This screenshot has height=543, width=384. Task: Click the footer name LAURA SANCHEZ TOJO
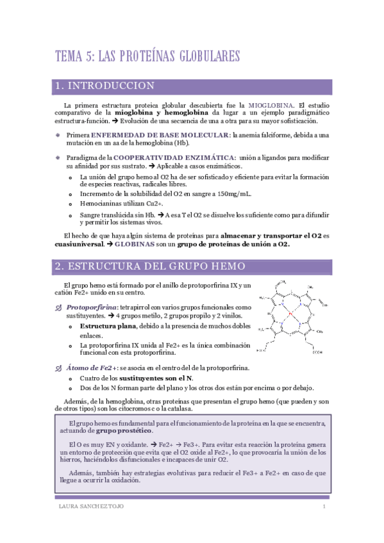pyautogui.click(x=90, y=507)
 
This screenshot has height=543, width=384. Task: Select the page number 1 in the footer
pyautogui.click(x=324, y=507)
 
